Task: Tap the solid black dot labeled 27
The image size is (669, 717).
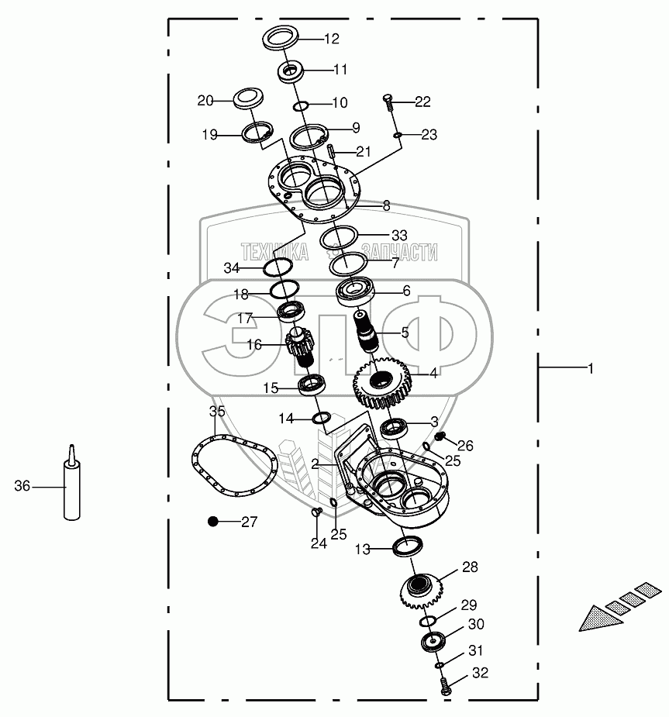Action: point(212,522)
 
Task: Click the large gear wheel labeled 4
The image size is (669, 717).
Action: point(383,382)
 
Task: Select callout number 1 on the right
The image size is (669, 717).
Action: point(590,370)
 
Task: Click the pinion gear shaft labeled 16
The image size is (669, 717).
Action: point(298,349)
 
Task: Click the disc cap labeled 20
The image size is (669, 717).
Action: point(250,101)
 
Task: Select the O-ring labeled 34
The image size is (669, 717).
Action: point(277,268)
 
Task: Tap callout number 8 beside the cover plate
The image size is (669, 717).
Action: point(386,206)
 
